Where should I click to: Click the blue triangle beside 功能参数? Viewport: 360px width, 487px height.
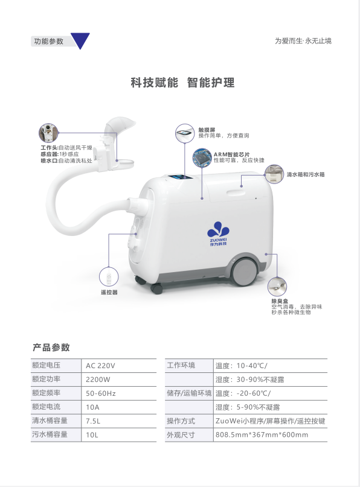[80, 39]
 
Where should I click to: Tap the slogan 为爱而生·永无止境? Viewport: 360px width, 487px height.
[303, 40]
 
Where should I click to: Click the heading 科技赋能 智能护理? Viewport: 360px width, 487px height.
[182, 83]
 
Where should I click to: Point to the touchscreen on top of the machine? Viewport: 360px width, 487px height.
[181, 178]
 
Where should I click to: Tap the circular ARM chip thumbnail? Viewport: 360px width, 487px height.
[202, 158]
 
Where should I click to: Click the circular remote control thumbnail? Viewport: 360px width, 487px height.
[109, 276]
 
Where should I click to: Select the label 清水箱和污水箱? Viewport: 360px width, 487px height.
[305, 174]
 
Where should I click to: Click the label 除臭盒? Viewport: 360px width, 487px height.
[280, 301]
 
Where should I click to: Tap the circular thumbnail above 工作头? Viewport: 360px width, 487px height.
[48, 133]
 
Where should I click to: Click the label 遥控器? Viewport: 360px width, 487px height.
[109, 292]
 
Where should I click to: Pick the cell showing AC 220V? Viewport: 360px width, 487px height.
[119, 366]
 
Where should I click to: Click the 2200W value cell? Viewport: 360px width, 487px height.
[119, 380]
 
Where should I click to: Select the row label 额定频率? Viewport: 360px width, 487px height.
[47, 393]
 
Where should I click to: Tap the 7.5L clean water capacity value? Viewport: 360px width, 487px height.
[93, 421]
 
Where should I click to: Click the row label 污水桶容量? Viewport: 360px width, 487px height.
[50, 434]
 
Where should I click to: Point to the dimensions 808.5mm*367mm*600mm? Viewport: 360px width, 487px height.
[262, 435]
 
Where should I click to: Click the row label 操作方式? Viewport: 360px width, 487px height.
[181, 421]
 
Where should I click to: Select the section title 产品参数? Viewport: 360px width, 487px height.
[51, 347]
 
